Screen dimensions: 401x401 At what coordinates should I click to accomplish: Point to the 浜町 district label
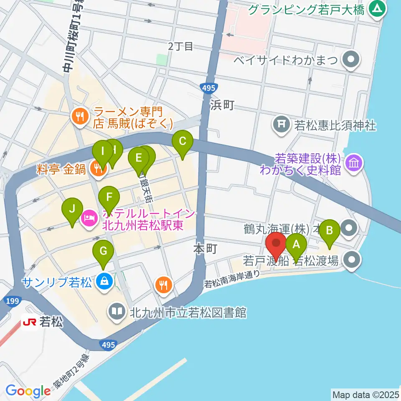[x=222, y=105]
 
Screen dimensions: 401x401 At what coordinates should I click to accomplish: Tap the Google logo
[x=28, y=391]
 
